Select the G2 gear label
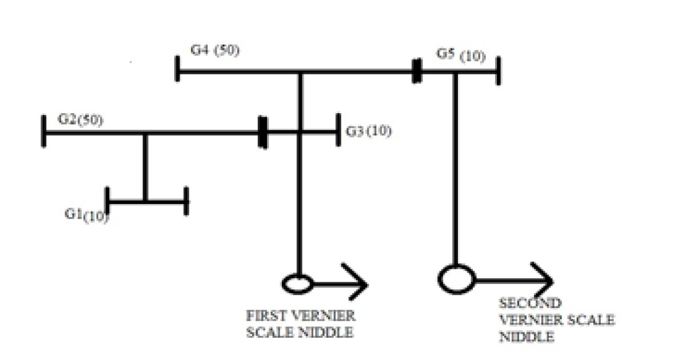[x=67, y=120]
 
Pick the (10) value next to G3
[x=379, y=131]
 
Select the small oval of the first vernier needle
[x=297, y=283]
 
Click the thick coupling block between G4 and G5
[x=417, y=71]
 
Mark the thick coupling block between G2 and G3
[x=262, y=132]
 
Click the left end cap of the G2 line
[x=43, y=131]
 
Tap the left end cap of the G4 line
[x=177, y=69]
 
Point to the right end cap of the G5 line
[x=498, y=71]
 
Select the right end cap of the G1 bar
[x=186, y=201]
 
